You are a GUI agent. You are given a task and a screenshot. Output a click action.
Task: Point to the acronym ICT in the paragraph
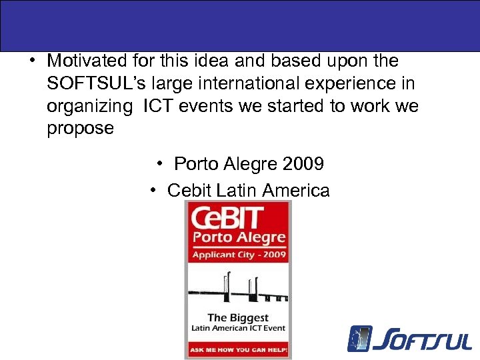tap(159, 106)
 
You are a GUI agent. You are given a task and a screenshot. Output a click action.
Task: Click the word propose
tap(80, 128)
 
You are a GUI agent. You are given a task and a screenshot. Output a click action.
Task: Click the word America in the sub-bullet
tap(296, 191)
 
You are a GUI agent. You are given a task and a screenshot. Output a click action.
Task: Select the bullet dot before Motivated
tap(32, 61)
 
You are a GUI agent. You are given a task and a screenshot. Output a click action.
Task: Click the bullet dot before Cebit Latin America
tap(153, 191)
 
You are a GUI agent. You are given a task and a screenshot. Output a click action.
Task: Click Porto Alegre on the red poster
tap(239, 238)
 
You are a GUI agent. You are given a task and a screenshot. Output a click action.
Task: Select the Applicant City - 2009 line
tap(239, 255)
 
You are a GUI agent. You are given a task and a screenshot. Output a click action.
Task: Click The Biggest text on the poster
tap(239, 317)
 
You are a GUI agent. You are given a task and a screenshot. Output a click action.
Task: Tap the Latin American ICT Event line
tap(239, 327)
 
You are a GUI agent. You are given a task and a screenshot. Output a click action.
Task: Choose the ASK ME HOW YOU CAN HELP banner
tap(239, 349)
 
